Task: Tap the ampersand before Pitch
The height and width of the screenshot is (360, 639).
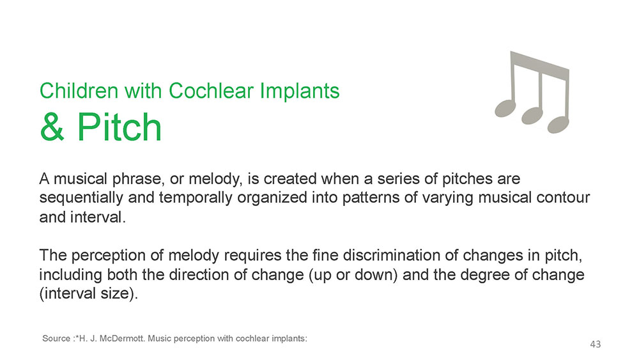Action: pos(52,127)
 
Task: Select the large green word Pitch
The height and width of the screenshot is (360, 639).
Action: pos(119,127)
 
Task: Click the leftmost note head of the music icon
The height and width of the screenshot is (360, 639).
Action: pos(505,108)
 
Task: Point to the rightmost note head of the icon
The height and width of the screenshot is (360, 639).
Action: pos(558,124)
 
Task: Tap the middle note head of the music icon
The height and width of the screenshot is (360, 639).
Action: pos(532,115)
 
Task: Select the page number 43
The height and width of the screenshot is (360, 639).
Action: pos(596,344)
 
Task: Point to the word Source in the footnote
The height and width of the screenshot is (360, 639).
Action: pos(56,338)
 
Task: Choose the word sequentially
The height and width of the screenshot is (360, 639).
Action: pos(81,198)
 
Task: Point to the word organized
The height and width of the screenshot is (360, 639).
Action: pos(272,198)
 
